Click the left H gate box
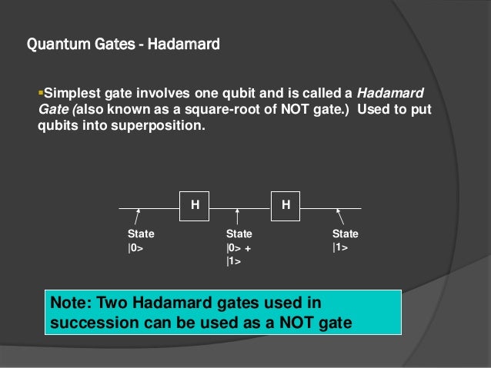(x=195, y=205)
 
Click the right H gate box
(x=286, y=205)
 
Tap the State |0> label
(x=140, y=240)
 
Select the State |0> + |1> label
(x=239, y=247)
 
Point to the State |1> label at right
(x=345, y=240)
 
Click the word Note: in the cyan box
(x=70, y=303)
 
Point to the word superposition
(x=163, y=128)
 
